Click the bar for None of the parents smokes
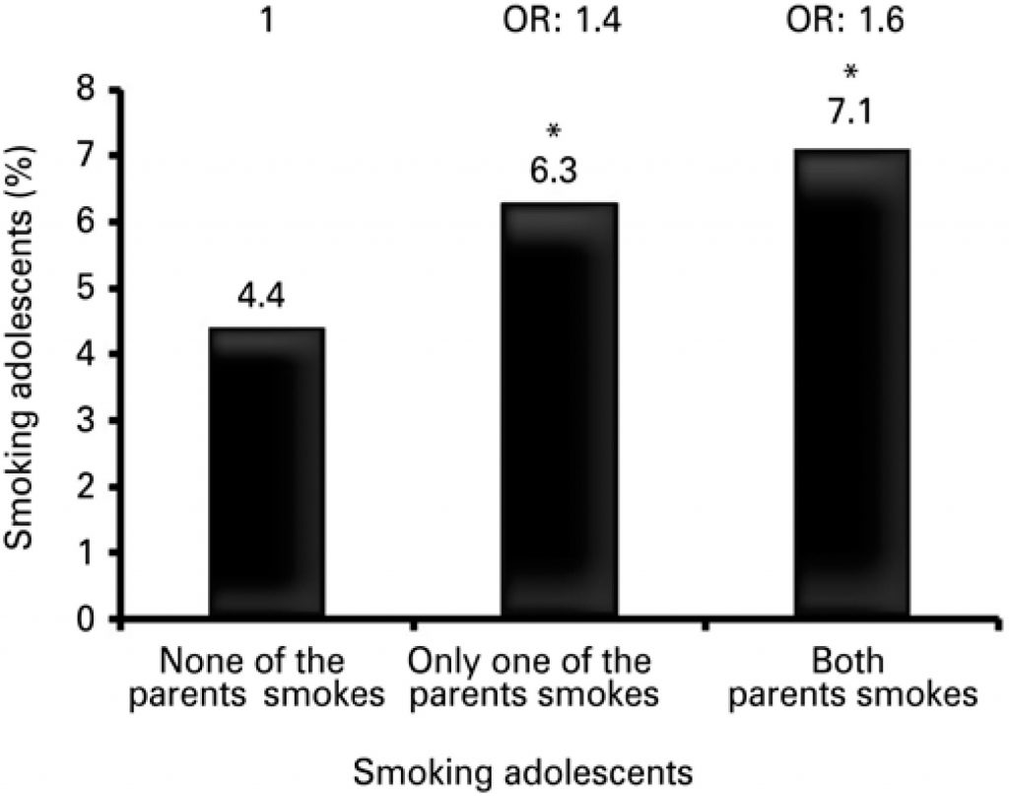click(x=267, y=473)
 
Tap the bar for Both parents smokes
click(x=852, y=385)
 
